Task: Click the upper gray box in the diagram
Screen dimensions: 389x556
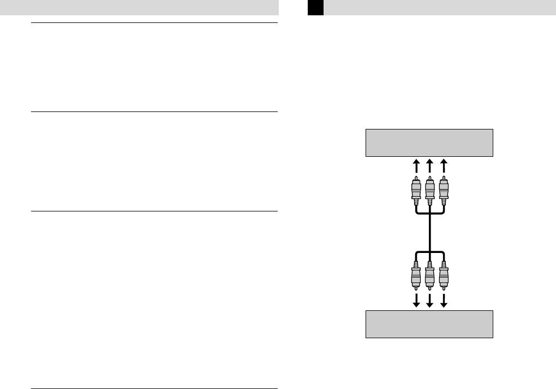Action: [x=429, y=143]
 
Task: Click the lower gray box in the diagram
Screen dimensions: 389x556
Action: [x=429, y=324]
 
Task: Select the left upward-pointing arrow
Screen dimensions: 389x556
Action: [x=416, y=166]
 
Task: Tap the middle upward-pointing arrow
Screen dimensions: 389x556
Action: [x=429, y=166]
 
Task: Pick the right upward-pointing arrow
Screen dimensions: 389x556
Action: [x=443, y=166]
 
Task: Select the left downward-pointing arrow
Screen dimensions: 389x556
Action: [x=416, y=301]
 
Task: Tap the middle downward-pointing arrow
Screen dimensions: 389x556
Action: [x=429, y=301]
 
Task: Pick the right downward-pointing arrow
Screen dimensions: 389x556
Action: [x=443, y=301]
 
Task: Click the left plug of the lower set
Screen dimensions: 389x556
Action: [x=416, y=276]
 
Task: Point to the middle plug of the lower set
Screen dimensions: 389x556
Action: [x=429, y=276]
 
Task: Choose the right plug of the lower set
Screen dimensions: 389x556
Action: [x=443, y=276]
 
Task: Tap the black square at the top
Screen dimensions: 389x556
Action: [x=315, y=8]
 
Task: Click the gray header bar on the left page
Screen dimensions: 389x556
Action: [x=139, y=8]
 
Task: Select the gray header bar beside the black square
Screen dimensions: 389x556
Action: [x=440, y=8]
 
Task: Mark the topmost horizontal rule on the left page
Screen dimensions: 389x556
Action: [x=154, y=23]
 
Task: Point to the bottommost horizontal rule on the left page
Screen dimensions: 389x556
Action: [x=154, y=388]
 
